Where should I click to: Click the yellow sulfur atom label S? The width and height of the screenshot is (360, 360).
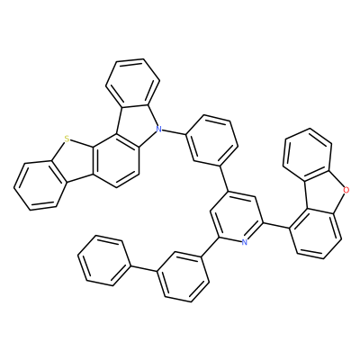tap(67, 139)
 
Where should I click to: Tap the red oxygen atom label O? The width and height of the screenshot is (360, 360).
tap(346, 190)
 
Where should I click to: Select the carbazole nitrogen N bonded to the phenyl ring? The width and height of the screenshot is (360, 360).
tap(159, 130)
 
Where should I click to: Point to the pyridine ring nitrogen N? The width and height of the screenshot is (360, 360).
tap(245, 242)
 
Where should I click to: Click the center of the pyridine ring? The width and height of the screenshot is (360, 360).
tap(236, 216)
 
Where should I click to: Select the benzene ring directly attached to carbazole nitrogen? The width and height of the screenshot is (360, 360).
tap(211, 140)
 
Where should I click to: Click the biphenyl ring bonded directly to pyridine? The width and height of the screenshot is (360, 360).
tap(183, 276)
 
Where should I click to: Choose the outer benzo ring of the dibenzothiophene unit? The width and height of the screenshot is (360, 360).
tap(38, 185)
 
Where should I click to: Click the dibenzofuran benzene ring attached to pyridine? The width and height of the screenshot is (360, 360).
tap(316, 234)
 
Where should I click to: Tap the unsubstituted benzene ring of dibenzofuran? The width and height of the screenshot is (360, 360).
tap(310, 155)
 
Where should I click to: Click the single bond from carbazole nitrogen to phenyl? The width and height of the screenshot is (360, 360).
tap(174, 132)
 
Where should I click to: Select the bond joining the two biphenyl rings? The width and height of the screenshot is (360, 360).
tap(144, 268)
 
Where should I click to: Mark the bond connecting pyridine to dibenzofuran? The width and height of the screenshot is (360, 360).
tap(276, 226)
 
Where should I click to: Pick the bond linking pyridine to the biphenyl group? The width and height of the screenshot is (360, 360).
tap(209, 247)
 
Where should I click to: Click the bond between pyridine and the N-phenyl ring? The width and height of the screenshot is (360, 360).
tap(225, 176)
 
